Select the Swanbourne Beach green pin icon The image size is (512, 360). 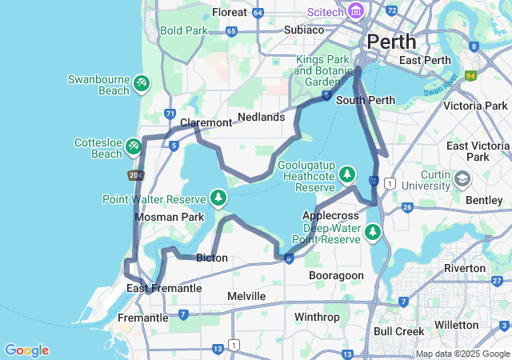click(141, 82)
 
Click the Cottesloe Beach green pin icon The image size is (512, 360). click(134, 146)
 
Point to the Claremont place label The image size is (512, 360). click(206, 122)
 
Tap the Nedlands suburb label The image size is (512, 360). click(261, 117)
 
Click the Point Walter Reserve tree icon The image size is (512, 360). click(218, 197)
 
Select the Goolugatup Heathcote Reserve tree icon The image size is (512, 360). click(346, 174)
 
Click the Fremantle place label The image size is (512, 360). click(142, 318)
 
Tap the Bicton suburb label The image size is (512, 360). click(212, 258)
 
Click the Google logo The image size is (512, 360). click(26, 350)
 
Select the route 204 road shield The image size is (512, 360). click(136, 174)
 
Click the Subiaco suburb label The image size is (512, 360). click(304, 30)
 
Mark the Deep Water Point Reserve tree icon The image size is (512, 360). click(372, 232)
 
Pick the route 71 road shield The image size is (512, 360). click(170, 114)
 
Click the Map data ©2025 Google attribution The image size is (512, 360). click(462, 354)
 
